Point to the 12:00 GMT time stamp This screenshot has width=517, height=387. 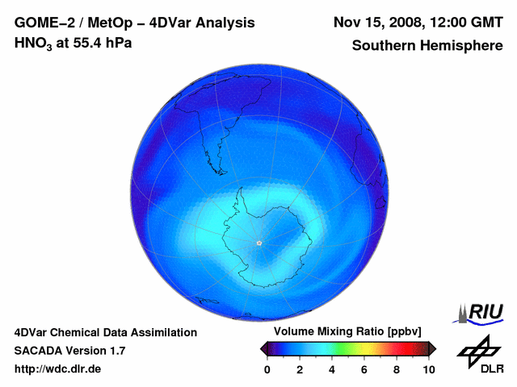click(470, 23)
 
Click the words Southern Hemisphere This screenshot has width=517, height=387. click(427, 46)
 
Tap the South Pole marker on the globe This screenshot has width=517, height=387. click(258, 243)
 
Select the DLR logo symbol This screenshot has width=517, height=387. click(477, 352)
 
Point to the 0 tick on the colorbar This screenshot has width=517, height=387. click(267, 368)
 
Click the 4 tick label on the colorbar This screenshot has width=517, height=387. click(332, 368)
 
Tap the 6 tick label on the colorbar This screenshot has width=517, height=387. click(364, 368)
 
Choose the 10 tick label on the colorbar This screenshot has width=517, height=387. click(428, 368)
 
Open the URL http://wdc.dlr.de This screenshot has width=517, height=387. click(58, 369)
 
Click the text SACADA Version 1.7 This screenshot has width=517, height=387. click(69, 351)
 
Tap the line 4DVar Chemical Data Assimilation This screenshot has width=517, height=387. click(105, 332)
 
